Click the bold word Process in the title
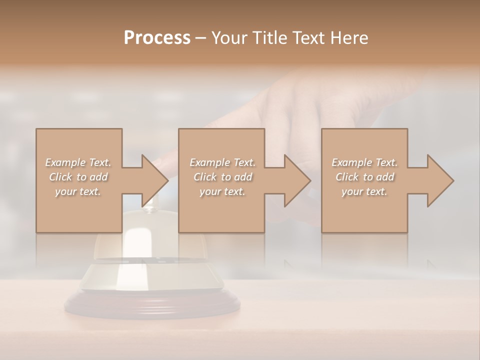click(157, 37)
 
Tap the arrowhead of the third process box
click(439, 180)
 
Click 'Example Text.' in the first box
click(78, 162)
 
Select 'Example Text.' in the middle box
click(222, 162)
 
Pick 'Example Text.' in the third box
click(364, 162)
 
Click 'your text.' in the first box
click(78, 191)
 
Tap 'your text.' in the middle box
click(222, 191)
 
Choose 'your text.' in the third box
click(364, 191)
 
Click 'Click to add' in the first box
click(78, 177)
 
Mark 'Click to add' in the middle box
click(222, 177)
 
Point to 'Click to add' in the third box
click(364, 177)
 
